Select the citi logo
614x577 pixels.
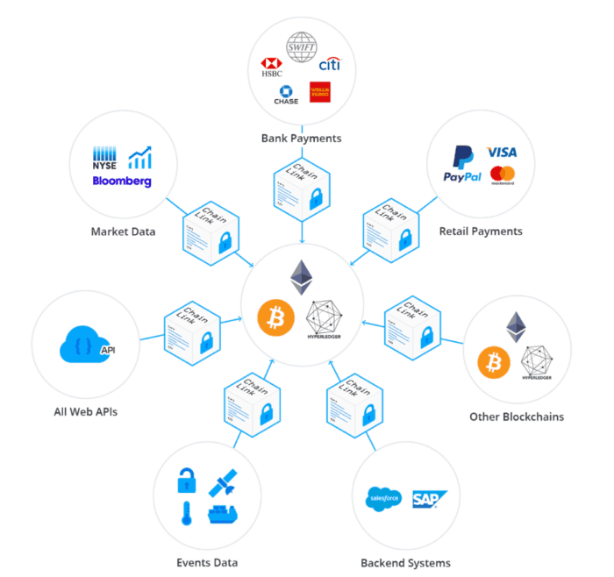[329, 65]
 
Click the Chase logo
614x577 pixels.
[285, 95]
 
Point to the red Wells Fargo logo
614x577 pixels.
[320, 92]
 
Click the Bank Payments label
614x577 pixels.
[301, 138]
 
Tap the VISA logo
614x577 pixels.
[501, 152]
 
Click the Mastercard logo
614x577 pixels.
[503, 175]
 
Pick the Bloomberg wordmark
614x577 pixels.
[122, 182]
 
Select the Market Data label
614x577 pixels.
[123, 232]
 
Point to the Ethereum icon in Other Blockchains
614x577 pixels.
[517, 327]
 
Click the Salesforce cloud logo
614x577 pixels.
[382, 499]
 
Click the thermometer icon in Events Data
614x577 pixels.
[186, 514]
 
